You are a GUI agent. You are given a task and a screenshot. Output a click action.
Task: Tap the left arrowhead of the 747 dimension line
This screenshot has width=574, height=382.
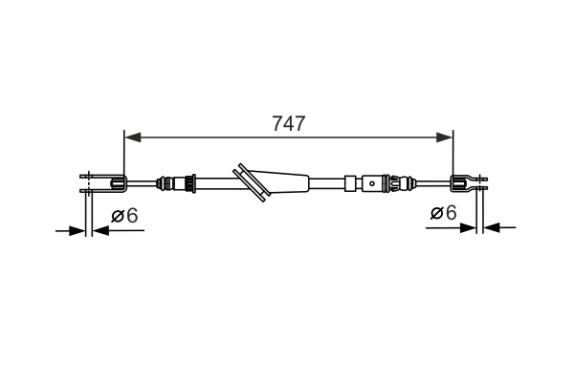coord(132,138)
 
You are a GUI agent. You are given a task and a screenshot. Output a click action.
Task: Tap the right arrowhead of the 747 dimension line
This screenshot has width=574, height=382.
coord(445,138)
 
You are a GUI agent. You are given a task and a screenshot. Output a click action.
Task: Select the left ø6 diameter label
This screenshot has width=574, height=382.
coord(124,216)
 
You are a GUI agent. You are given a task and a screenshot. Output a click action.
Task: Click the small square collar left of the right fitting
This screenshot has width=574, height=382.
coord(352,181)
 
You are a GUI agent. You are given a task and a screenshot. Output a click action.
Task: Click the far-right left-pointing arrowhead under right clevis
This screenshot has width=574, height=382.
coord(493,227)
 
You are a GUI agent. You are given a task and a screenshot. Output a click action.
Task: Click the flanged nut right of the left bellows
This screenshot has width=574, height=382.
coord(191,182)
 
